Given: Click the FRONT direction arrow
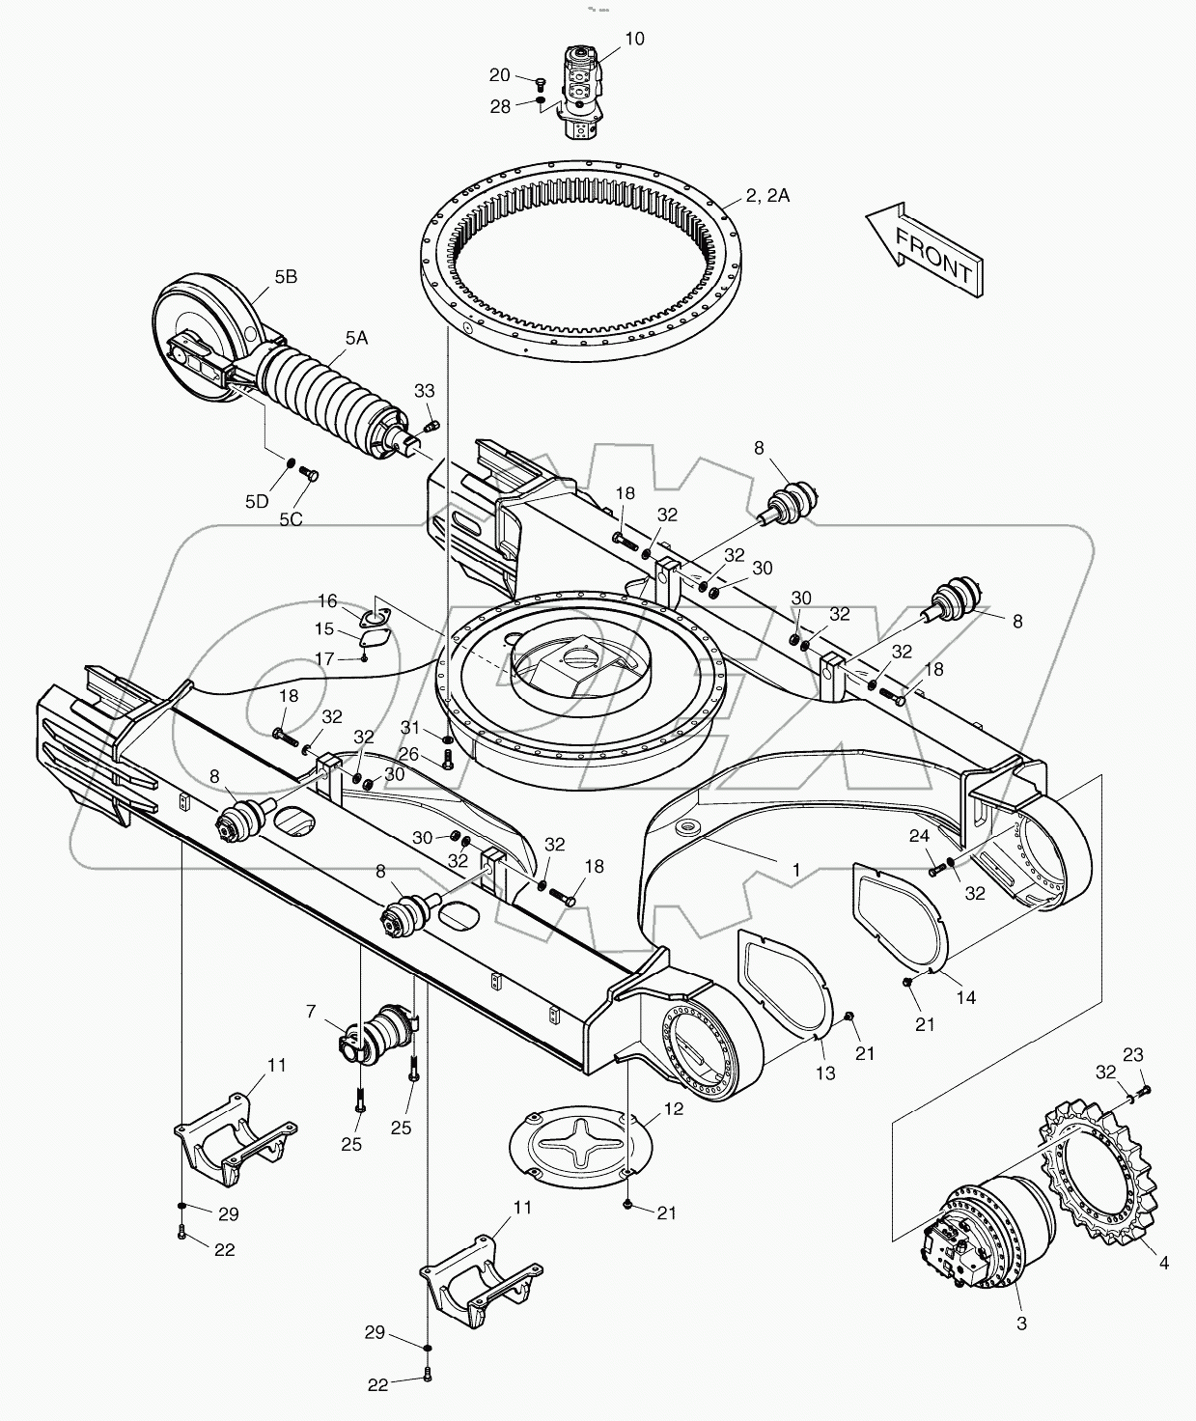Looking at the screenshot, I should tap(924, 248).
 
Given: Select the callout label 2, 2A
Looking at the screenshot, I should tap(767, 196).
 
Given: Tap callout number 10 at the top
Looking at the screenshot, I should tap(634, 40).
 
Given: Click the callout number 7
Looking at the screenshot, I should tap(310, 1011).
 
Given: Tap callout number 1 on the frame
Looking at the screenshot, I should tap(795, 870).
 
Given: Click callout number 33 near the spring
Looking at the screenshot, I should tap(424, 391).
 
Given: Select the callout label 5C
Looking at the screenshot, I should tap(291, 518).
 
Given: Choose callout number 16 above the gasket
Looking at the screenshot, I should tap(327, 600).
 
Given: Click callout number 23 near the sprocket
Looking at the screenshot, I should tap(1133, 1054).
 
